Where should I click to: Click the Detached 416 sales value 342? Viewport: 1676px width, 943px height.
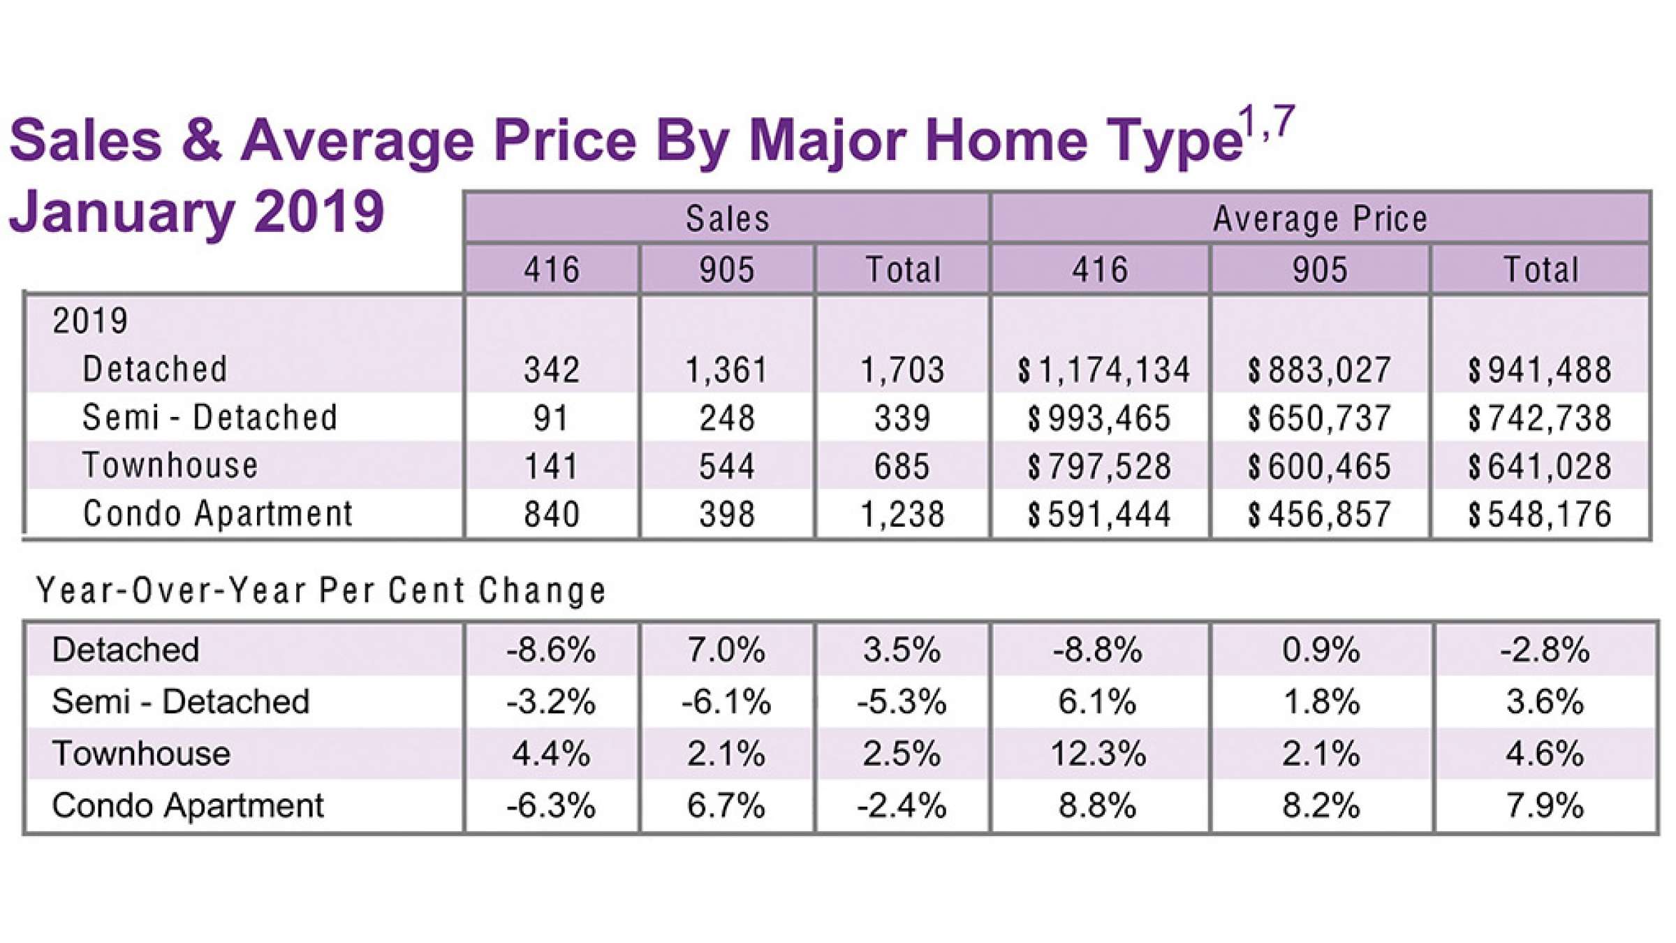pos(552,370)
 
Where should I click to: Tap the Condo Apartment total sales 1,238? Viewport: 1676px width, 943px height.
pos(902,515)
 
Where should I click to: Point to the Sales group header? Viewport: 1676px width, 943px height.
pos(727,219)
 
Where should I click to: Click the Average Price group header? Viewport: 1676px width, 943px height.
pos(1320,219)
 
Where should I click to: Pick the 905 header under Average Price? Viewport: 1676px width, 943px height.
pos(1319,270)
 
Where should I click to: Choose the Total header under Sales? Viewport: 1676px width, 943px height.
pos(903,270)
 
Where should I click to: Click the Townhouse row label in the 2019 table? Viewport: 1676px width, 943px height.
pos(170,465)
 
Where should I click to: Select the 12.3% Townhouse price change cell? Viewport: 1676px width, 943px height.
pos(1098,754)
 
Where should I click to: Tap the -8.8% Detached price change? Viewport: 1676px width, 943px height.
pos(1098,650)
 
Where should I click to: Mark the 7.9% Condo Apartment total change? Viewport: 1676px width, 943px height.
pos(1545,805)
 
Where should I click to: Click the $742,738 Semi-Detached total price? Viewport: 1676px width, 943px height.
pos(1540,418)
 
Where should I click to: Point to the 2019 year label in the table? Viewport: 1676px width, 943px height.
pos(90,321)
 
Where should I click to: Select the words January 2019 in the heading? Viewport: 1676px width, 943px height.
pos(197,212)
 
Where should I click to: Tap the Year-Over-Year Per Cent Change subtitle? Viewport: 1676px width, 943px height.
pos(321,591)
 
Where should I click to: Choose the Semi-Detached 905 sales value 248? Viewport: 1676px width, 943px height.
pos(727,418)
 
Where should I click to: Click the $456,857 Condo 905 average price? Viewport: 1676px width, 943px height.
pos(1319,515)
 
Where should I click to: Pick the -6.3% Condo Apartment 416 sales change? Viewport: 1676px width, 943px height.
pos(551,805)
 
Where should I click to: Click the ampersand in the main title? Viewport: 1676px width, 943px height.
pos(201,140)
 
